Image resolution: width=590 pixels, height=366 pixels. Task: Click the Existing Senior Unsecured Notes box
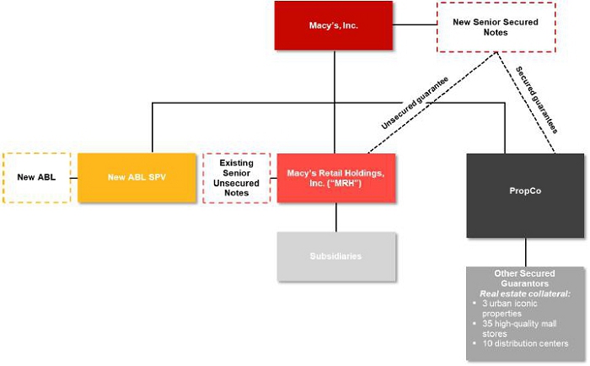coord(236,177)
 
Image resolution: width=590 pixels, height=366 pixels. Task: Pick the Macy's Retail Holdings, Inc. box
coord(335,177)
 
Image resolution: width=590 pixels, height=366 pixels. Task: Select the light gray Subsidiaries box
coord(335,256)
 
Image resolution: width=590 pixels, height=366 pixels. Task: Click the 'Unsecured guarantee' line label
coord(413,102)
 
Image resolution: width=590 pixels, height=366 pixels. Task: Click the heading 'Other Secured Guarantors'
coord(525,279)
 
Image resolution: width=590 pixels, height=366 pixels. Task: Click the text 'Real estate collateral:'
coord(525,293)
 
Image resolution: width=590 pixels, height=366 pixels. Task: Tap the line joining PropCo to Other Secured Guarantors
coord(525,251)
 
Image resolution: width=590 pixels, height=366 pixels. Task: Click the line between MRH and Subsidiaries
coord(335,217)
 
